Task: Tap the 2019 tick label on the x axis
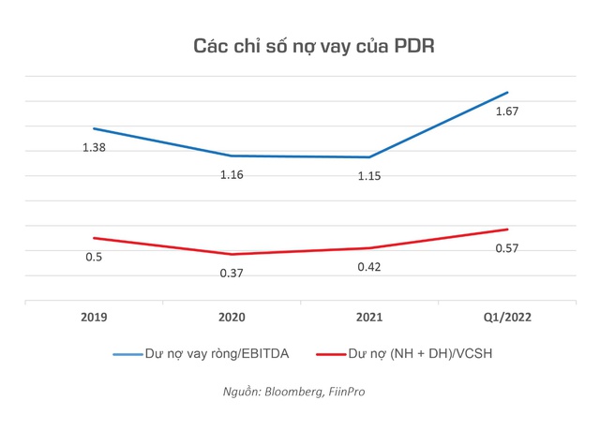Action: [x=93, y=317]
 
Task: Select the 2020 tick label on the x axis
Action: [x=232, y=317]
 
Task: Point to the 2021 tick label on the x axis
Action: [x=369, y=317]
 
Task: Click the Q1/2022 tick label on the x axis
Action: [x=507, y=317]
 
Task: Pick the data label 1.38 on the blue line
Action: [x=94, y=148]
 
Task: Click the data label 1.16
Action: [x=232, y=175]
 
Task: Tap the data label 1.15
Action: [x=369, y=176]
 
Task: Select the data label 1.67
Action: [x=507, y=111]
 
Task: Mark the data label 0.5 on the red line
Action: [x=94, y=258]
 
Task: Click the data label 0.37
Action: [x=232, y=273]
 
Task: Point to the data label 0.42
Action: [x=369, y=266]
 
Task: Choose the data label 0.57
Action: [x=507, y=248]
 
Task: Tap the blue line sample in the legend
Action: [x=127, y=354]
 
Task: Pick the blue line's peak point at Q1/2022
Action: [x=507, y=92]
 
